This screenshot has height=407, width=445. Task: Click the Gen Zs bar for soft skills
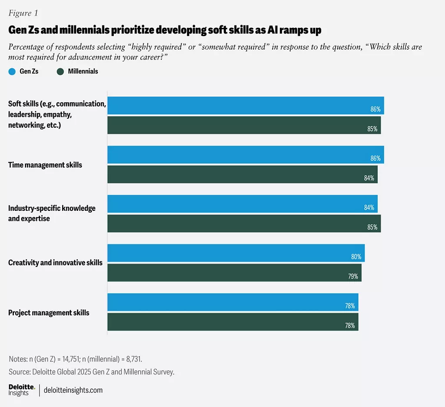tap(246, 105)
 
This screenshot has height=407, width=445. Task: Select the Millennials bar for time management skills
tap(242, 174)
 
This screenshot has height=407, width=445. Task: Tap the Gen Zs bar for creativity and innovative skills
tap(236, 253)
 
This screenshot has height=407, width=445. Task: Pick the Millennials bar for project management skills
tap(233, 322)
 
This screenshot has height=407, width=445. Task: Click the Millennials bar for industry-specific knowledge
tap(244, 223)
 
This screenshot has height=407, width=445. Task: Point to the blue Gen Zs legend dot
tap(12, 71)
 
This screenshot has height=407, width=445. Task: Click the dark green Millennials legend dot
tap(60, 71)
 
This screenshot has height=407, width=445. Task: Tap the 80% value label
tap(356, 257)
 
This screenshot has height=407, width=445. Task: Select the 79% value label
tap(353, 276)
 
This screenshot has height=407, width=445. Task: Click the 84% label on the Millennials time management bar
tap(369, 178)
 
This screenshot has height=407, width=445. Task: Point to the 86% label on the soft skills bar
tap(375, 109)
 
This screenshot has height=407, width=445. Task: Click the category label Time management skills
tap(45, 165)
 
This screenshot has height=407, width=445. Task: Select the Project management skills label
tap(49, 313)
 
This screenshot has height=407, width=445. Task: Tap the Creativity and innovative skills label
tap(55, 263)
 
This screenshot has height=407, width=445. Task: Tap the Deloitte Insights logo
tap(21, 390)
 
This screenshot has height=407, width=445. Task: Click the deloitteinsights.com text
tap(73, 390)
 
